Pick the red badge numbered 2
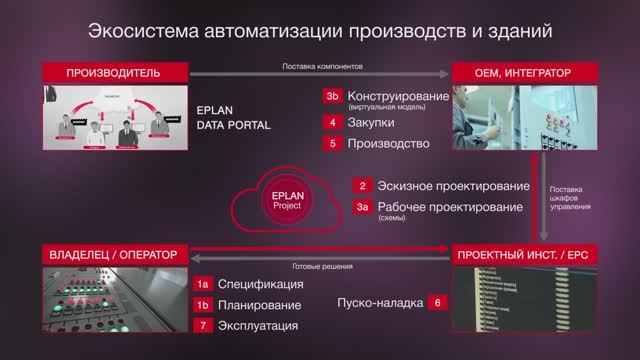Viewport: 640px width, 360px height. click(x=365, y=186)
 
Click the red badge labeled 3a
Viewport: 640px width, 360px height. click(x=365, y=207)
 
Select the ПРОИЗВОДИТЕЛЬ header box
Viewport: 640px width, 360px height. click(x=114, y=73)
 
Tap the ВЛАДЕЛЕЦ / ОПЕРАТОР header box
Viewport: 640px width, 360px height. click(x=114, y=256)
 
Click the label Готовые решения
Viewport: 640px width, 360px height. click(x=321, y=265)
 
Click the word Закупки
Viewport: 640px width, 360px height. click(x=370, y=121)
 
